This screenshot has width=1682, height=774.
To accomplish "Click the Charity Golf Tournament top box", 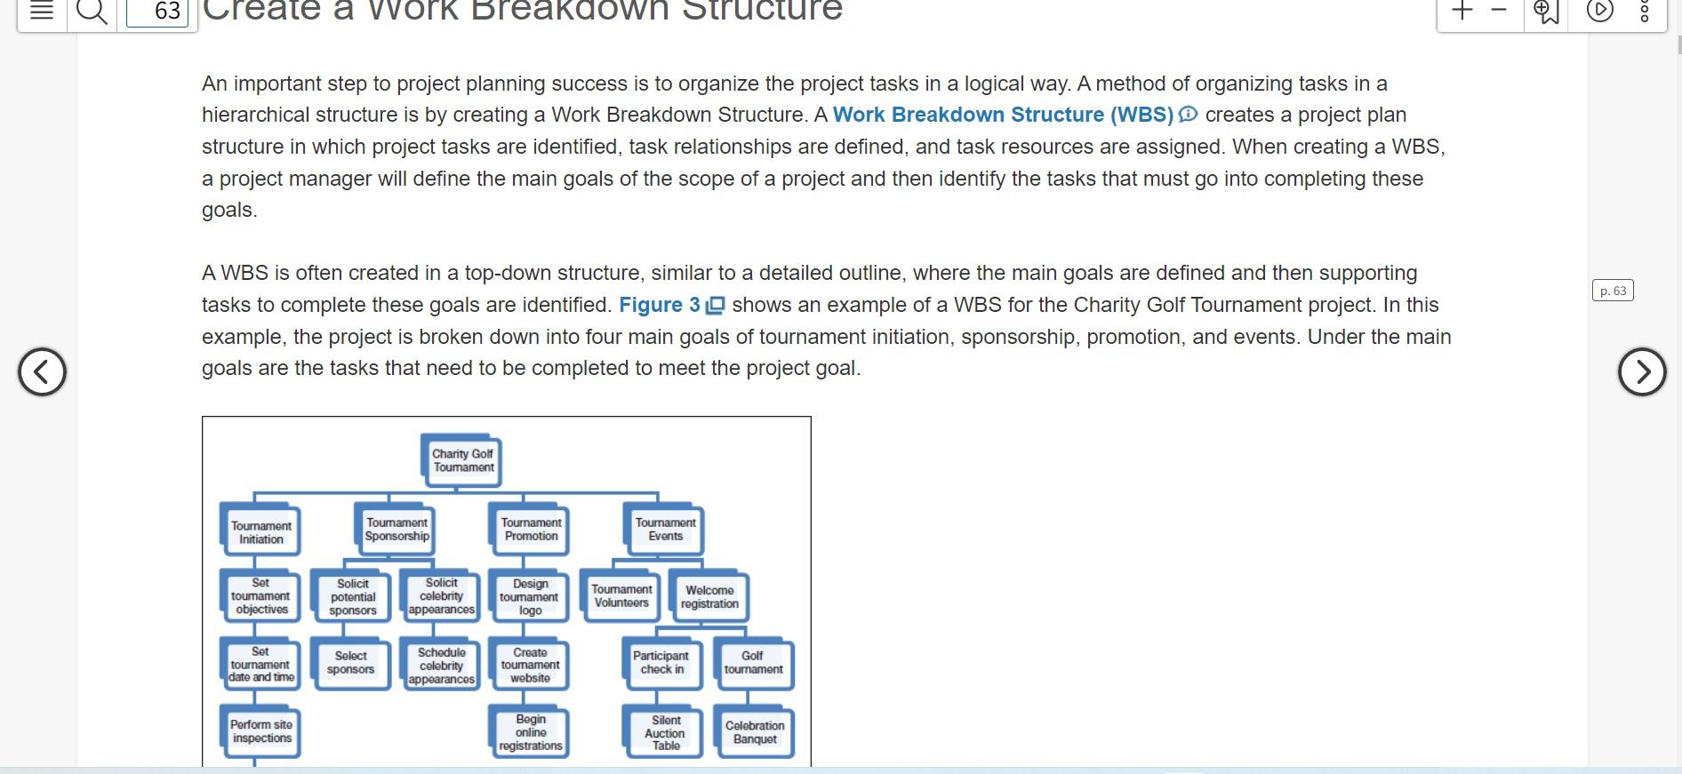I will [463, 460].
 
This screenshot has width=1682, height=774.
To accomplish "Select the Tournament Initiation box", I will [261, 532].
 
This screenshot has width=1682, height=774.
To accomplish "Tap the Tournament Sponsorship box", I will [397, 530].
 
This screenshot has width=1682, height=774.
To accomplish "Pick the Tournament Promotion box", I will [531, 530].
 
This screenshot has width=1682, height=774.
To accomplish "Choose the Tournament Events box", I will [665, 530].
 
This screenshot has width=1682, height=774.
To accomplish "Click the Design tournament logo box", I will [530, 597].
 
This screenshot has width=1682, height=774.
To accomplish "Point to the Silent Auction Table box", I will [666, 733].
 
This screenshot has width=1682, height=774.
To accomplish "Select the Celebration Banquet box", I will [755, 732].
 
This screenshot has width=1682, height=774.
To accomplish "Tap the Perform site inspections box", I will [261, 731].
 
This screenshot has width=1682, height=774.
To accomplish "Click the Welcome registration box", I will [709, 597].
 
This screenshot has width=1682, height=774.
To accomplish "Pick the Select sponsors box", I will [351, 663].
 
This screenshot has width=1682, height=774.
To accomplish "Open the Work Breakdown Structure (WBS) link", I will [1003, 116].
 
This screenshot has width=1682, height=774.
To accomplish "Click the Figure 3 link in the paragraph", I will [660, 305].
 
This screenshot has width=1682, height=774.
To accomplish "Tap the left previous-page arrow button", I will [42, 371].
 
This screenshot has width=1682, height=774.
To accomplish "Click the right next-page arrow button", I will [1641, 371].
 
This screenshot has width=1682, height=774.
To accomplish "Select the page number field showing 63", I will [158, 12].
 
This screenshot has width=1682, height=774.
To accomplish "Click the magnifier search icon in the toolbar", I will [92, 12].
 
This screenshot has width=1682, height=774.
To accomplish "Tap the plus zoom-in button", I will [1462, 11].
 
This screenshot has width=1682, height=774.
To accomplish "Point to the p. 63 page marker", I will [1612, 291].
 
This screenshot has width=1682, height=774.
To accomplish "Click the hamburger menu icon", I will [42, 12].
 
